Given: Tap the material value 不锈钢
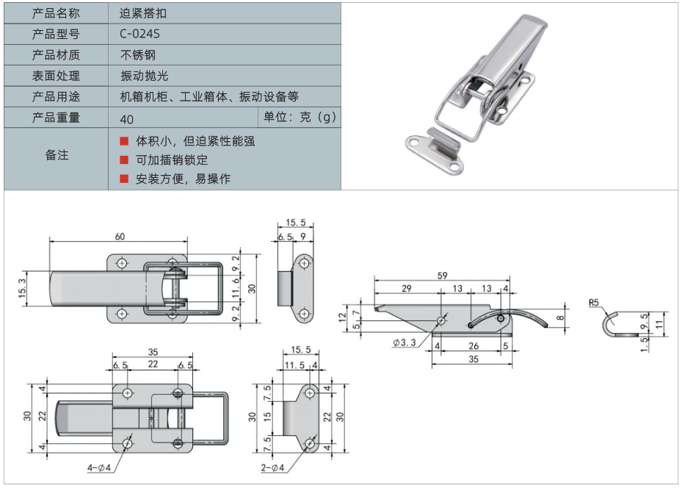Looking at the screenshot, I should click(138, 55).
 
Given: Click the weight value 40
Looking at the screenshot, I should click(126, 119).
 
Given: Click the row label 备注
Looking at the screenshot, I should click(57, 155).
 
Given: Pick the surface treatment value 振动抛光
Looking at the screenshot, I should click(142, 76).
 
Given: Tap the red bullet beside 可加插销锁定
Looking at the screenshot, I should click(124, 159).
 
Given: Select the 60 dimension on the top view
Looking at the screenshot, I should click(120, 236).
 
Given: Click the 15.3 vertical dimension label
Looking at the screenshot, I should click(21, 290).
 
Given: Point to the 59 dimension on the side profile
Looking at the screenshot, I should click(443, 276).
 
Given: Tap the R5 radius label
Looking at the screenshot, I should click(595, 302).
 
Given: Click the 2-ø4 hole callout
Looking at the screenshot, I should click(272, 467).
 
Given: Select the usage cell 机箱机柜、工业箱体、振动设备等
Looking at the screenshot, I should click(210, 96).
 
